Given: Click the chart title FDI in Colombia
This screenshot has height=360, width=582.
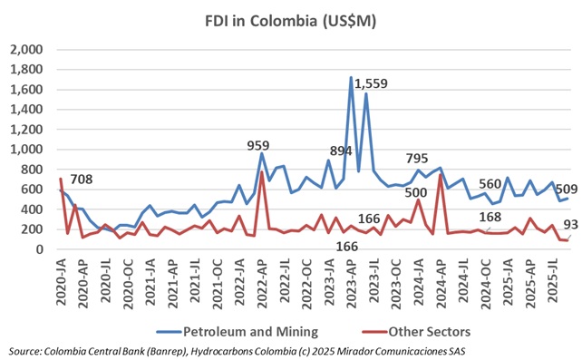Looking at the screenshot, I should click(x=290, y=17).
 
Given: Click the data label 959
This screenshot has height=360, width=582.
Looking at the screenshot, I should click(x=261, y=144).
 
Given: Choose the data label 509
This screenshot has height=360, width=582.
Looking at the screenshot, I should click(x=560, y=190).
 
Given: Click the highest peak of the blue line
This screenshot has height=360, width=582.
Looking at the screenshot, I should click(x=351, y=78).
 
